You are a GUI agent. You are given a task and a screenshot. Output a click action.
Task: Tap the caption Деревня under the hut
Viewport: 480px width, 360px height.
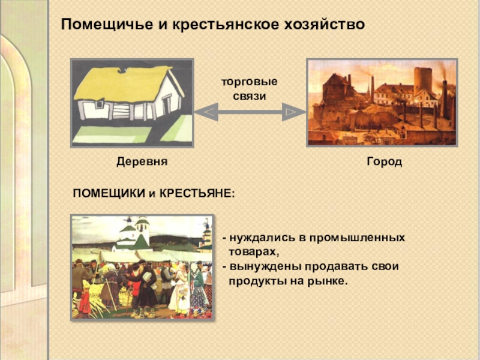(x=141, y=163)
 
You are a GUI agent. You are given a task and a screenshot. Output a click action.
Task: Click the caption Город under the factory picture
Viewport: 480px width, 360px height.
(x=384, y=163)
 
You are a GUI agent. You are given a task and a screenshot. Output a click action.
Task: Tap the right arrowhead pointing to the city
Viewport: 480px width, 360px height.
(x=291, y=112)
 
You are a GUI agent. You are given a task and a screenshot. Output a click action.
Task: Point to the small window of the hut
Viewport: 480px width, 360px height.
(x=99, y=105)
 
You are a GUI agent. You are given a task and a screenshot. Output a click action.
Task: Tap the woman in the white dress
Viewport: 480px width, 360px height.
(x=179, y=291)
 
